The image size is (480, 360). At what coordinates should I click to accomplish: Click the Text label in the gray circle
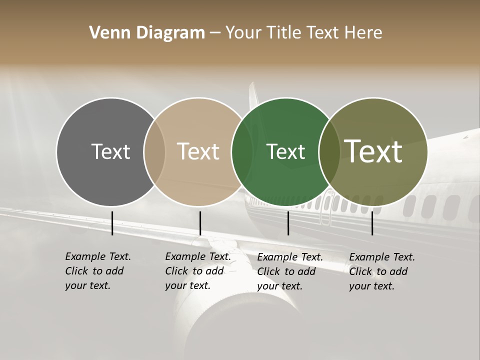(x=110, y=151)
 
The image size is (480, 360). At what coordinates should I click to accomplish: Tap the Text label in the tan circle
(x=198, y=151)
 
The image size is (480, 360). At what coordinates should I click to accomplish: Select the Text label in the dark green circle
(x=285, y=151)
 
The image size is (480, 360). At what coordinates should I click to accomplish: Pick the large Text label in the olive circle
(x=373, y=151)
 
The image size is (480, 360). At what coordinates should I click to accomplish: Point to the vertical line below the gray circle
(x=112, y=223)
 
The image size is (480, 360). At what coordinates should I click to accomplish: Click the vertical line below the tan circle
(x=200, y=223)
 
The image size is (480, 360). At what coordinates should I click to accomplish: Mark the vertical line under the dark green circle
(x=288, y=223)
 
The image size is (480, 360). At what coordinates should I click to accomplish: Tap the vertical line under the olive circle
(x=372, y=223)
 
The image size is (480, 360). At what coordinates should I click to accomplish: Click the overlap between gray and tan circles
(x=154, y=151)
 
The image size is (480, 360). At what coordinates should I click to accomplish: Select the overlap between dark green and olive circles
(x=329, y=151)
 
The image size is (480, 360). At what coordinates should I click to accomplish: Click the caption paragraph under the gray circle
(x=98, y=271)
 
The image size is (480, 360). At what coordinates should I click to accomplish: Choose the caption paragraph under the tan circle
(x=198, y=271)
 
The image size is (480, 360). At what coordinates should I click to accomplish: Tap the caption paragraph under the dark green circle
(x=290, y=271)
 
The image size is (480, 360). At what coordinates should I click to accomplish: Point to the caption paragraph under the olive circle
(x=382, y=271)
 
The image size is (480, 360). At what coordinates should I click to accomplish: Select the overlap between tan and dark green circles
(x=241, y=151)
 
